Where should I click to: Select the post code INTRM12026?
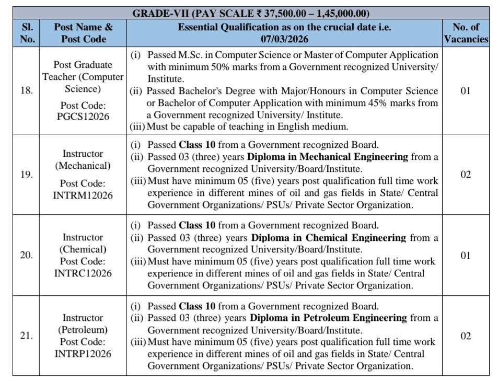[83, 195]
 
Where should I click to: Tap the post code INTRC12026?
[83, 273]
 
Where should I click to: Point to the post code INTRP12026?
[83, 353]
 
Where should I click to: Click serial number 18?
[26, 91]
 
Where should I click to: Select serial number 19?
[26, 175]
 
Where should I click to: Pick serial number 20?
[26, 255]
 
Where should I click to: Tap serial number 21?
[26, 336]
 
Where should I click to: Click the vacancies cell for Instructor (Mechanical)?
[466, 175]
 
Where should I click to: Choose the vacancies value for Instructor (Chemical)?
[466, 255]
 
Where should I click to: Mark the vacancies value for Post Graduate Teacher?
[466, 91]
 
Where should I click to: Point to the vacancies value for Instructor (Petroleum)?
[466, 336]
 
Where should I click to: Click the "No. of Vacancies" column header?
[466, 33]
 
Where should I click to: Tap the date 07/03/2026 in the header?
[284, 39]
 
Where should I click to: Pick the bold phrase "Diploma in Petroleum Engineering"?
[328, 318]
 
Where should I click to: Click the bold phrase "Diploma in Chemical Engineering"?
[329, 238]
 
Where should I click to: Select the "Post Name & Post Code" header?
[83, 33]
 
